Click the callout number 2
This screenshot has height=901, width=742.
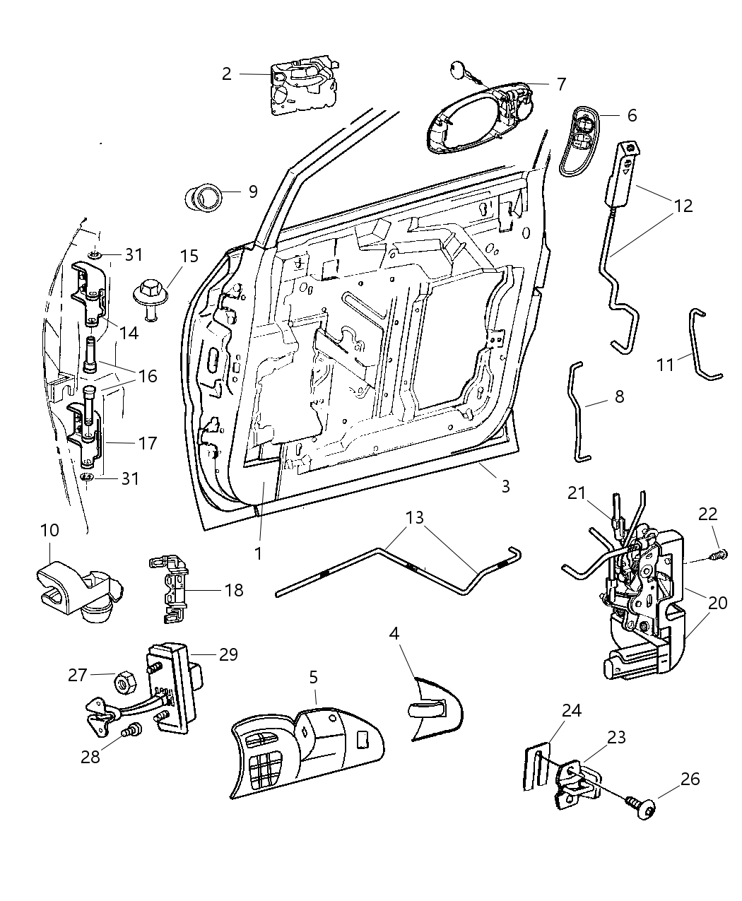(226, 73)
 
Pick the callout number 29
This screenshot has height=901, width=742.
(228, 654)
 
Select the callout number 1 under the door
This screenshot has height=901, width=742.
(258, 553)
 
